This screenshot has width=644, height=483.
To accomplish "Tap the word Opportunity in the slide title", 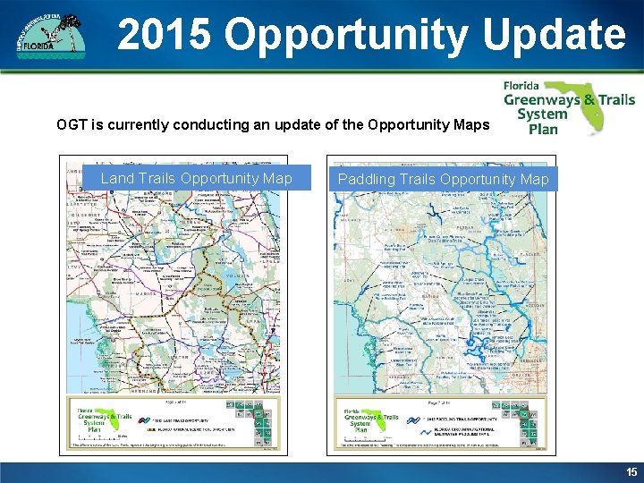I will pyautogui.click(x=348, y=35).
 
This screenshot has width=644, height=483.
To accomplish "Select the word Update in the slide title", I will pyautogui.click(x=555, y=35).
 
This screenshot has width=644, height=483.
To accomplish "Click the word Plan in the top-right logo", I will pyautogui.click(x=543, y=128).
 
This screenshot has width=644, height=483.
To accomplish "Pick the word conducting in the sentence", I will pyautogui.click(x=227, y=124).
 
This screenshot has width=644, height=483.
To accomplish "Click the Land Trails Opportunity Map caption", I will pyautogui.click(x=196, y=179).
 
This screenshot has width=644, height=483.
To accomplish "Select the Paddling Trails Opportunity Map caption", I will pyautogui.click(x=443, y=180).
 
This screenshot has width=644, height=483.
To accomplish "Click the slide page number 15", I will pyautogui.click(x=631, y=471).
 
